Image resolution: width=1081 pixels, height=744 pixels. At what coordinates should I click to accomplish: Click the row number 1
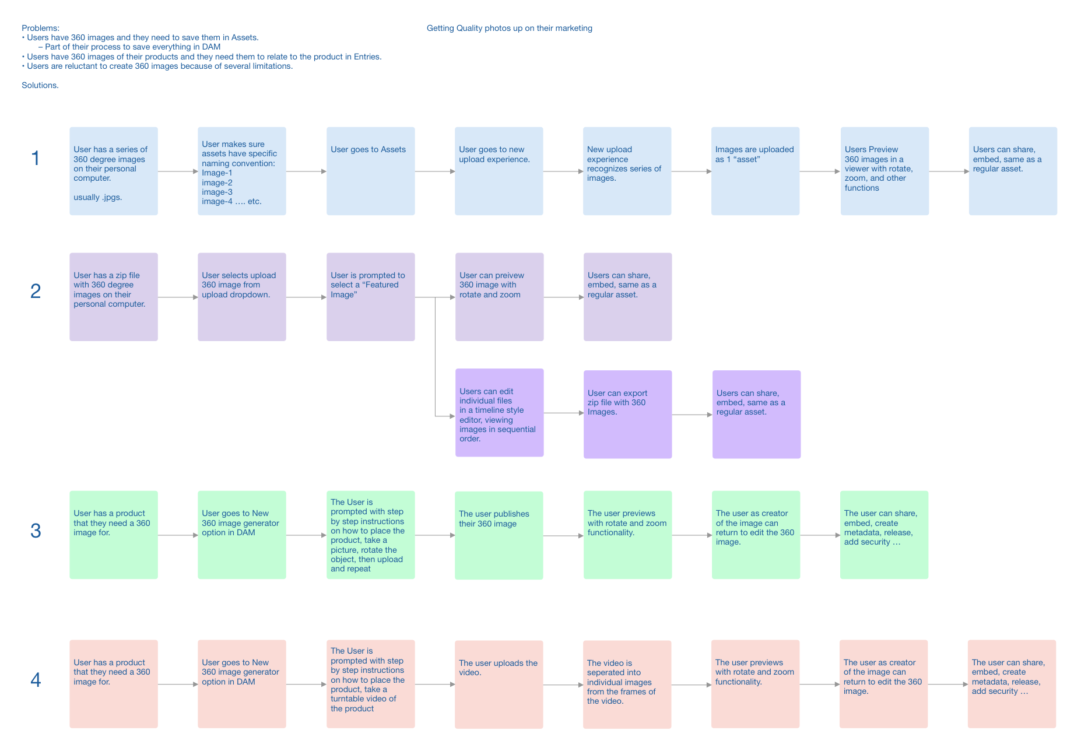(36, 158)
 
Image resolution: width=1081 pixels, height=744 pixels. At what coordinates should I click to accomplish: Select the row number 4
(36, 680)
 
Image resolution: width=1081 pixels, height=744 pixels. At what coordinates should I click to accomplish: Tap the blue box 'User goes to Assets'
(370, 171)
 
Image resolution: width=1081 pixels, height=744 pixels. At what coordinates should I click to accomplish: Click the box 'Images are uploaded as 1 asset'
(755, 171)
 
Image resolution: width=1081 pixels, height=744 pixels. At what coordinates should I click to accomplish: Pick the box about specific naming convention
(241, 171)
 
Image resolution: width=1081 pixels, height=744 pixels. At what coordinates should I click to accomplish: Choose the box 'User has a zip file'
(113, 297)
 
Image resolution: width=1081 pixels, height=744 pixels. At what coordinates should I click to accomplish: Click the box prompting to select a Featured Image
(370, 297)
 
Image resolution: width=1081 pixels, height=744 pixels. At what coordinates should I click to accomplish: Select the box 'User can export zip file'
(627, 414)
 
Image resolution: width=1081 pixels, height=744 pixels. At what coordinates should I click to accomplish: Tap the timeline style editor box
(499, 412)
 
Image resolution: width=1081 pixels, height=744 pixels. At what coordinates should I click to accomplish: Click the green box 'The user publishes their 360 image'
(499, 535)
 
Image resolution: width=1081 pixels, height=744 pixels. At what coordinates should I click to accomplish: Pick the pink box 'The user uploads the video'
(499, 685)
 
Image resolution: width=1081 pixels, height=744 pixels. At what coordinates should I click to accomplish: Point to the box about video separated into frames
(627, 685)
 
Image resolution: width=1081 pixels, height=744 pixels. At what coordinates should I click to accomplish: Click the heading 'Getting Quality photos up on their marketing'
(509, 28)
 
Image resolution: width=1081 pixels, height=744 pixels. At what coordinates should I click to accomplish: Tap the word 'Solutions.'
(40, 85)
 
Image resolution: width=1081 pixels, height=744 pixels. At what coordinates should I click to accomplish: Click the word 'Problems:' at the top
(40, 28)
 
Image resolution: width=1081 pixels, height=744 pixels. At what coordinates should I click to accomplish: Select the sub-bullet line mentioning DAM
(132, 47)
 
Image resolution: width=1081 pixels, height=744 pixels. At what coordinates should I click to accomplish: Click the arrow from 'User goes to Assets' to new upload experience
(434, 171)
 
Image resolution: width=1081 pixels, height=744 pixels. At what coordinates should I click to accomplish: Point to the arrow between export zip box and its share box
(692, 415)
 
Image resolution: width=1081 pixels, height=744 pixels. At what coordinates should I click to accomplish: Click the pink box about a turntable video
(370, 684)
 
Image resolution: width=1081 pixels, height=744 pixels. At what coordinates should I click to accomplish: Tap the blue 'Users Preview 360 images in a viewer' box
(884, 171)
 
